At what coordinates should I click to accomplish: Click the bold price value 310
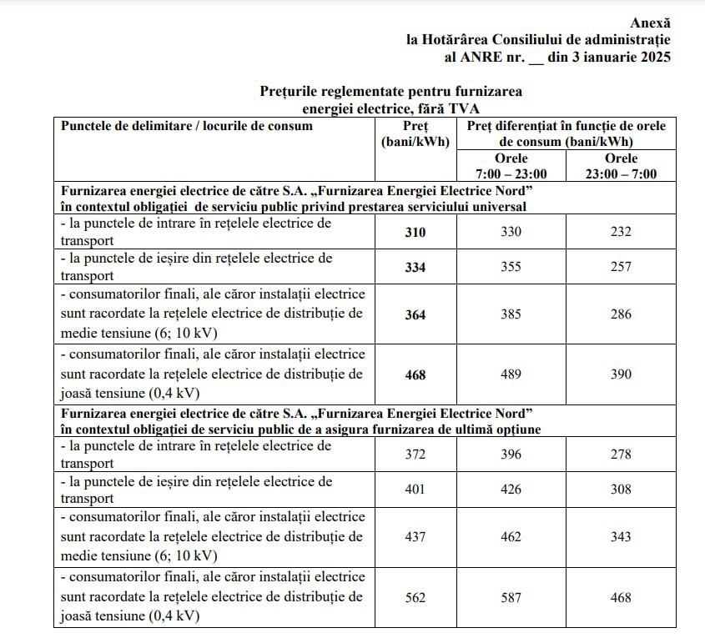point(414,232)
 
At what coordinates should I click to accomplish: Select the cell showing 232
point(621,232)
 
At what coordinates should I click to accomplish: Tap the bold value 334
point(414,267)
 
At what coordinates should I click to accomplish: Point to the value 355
point(511,267)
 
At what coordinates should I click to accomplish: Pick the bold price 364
point(414,314)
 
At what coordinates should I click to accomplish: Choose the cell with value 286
point(621,314)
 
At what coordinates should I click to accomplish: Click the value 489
point(511,374)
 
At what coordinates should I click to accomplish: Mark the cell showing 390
point(621,374)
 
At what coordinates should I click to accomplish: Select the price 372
point(414,455)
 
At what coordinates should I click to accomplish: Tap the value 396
point(511,455)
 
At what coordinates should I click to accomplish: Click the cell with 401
point(414,490)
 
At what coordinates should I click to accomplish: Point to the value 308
point(621,490)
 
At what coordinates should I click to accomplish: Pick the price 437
point(414,537)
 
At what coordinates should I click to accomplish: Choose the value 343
point(621,537)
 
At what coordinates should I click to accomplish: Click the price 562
point(414,597)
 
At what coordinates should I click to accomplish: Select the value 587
point(511,597)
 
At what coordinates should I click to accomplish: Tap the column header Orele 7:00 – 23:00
point(511,166)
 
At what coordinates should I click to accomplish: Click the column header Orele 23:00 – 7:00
point(621,166)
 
